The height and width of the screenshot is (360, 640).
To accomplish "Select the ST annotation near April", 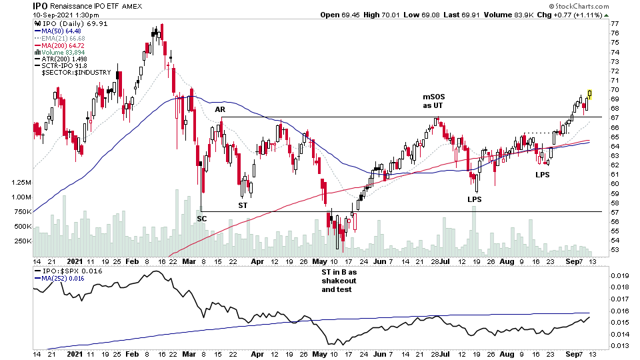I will [245, 206].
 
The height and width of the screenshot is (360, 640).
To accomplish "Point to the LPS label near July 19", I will [475, 199].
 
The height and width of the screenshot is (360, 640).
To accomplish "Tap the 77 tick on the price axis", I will [615, 23].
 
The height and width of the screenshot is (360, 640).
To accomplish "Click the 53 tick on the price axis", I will [615, 250].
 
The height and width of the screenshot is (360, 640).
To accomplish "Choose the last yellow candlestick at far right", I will [589, 94].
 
